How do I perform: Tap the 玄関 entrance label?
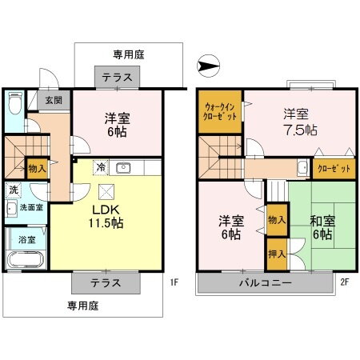(54, 100)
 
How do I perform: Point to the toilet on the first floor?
(14, 105)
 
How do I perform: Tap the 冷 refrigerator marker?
(101, 167)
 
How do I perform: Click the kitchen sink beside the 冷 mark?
(123, 168)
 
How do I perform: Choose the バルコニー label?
(264, 283)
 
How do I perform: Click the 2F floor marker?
(345, 282)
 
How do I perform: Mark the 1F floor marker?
(174, 282)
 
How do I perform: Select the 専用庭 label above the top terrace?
(128, 55)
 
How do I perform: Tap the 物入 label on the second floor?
(277, 219)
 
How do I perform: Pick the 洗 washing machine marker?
(13, 190)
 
